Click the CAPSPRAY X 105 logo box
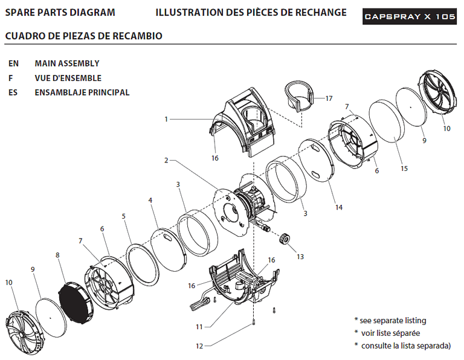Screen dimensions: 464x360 click(x=410, y=16)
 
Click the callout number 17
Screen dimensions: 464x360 click(x=329, y=98)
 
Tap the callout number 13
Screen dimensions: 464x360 click(x=300, y=257)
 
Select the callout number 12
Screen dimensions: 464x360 click(x=199, y=346)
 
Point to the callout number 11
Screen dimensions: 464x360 click(x=199, y=327)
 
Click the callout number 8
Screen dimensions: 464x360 click(x=57, y=255)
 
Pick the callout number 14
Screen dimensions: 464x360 click(x=338, y=207)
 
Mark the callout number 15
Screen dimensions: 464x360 click(x=404, y=169)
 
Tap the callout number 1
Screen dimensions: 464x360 click(x=166, y=119)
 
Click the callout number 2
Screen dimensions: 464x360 click(x=166, y=161)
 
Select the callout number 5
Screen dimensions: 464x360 click(x=124, y=216)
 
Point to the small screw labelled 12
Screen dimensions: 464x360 click(x=254, y=321)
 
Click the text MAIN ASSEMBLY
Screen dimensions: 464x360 click(x=67, y=63)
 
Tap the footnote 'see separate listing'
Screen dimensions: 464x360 click(x=393, y=321)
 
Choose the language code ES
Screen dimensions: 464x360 click(x=13, y=92)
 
